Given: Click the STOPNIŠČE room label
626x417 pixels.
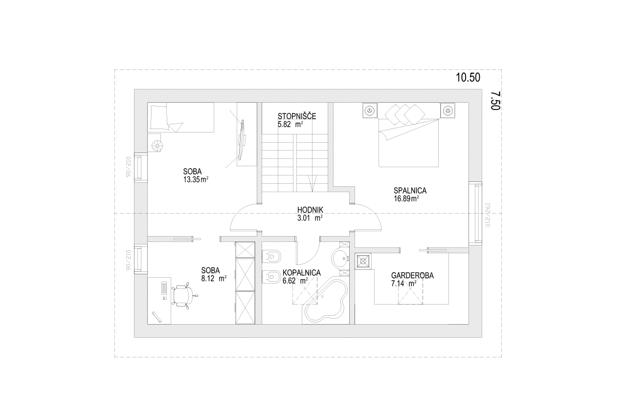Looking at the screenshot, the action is [297, 116].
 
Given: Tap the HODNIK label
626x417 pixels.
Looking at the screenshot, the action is [310, 210].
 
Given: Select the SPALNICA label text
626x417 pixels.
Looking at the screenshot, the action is [410, 191].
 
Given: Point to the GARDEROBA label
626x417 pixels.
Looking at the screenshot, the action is [412, 275].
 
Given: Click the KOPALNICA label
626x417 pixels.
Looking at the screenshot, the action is [302, 273].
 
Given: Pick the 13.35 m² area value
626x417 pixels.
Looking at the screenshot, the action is [196, 179].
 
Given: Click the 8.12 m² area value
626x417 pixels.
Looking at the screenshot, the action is [214, 279].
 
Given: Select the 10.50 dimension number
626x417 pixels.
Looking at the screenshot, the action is [468, 77].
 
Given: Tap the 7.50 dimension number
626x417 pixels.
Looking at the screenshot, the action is [495, 101].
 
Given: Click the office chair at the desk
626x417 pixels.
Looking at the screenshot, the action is [184, 295].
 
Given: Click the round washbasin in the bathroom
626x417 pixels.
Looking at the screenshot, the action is [340, 259].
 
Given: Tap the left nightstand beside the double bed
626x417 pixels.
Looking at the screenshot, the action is [370, 110].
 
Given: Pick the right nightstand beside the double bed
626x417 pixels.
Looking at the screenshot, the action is [447, 110].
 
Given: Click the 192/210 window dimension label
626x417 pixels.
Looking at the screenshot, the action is [488, 215].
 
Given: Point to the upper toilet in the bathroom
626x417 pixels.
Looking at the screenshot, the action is [271, 256].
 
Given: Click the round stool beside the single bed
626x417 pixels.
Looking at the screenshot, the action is [157, 145].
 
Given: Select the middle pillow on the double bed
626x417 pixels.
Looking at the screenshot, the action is [404, 114].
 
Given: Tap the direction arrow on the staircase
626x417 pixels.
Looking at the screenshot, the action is [313, 183].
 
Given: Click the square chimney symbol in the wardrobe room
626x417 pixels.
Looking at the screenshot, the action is [363, 262].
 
